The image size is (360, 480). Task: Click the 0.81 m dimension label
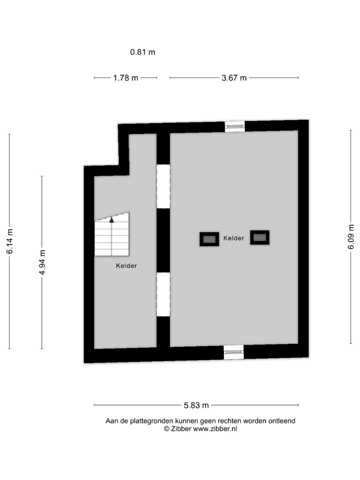point(143,52)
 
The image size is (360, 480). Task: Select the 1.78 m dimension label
point(125,78)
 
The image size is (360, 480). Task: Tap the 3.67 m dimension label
point(234,78)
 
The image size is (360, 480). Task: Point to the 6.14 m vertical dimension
point(10,241)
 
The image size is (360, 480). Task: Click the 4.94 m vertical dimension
point(42,262)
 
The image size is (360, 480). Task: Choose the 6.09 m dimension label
point(351,236)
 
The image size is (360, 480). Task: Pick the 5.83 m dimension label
point(196,405)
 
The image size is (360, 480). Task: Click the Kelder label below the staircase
point(126,266)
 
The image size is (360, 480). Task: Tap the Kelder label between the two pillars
point(234,238)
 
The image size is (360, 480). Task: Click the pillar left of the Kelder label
point(209,239)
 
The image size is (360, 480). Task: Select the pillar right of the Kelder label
point(260,237)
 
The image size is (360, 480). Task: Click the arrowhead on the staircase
point(112,220)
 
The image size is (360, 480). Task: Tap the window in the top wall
point(235,126)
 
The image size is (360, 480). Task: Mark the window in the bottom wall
point(234,352)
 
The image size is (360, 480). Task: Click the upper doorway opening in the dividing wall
point(163,186)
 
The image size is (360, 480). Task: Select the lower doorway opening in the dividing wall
point(163,295)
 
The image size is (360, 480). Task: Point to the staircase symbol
point(112,234)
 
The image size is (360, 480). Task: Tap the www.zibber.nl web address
point(215,429)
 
